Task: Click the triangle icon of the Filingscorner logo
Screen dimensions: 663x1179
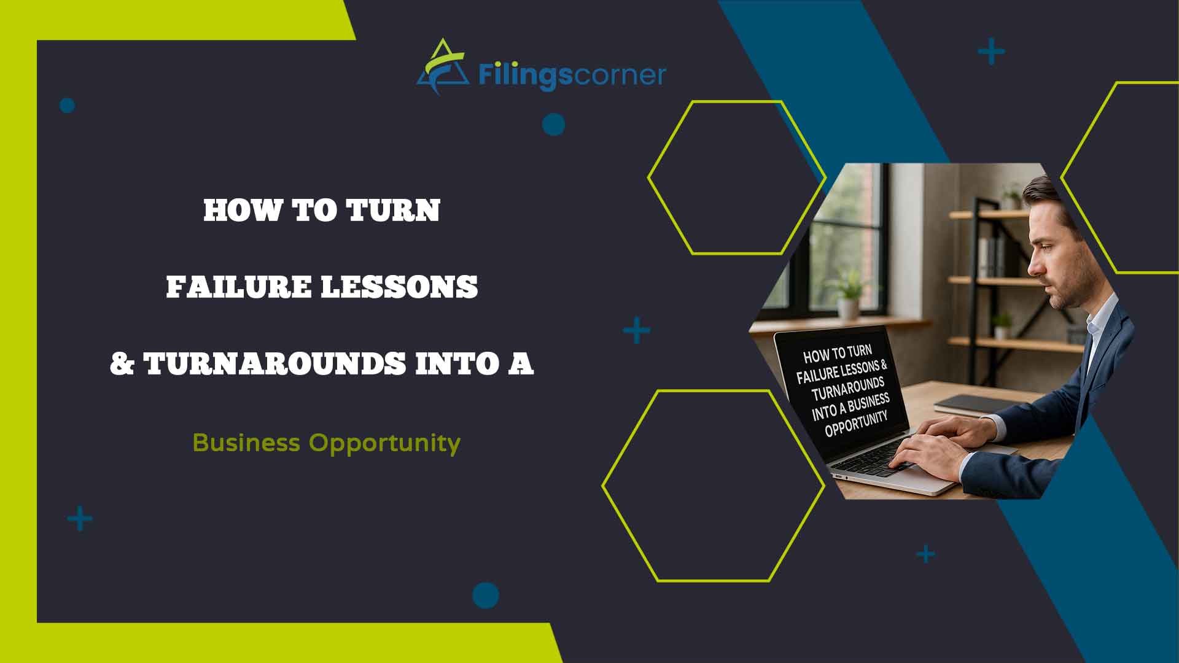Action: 440,69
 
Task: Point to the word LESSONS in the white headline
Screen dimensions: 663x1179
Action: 400,287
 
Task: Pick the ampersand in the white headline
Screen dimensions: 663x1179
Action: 122,364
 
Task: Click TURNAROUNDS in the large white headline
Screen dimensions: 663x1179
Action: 274,364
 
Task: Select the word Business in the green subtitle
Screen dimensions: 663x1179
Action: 246,443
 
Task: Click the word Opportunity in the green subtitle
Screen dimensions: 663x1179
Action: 384,443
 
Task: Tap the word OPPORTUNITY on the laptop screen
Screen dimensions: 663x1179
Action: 856,423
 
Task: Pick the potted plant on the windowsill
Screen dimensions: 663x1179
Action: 848,296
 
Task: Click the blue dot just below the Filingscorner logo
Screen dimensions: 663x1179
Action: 553,125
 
